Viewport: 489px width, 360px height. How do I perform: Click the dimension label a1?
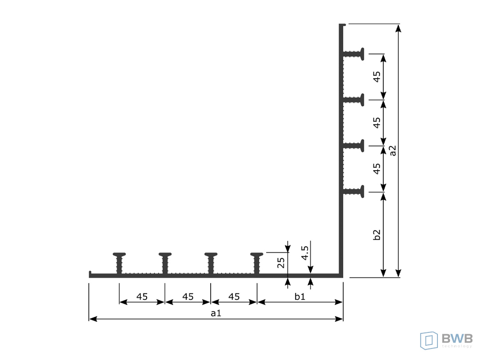point(216,313)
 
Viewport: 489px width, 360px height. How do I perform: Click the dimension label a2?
point(393,151)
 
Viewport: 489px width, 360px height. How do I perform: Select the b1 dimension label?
point(300,296)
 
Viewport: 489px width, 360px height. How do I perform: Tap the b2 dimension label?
point(377,235)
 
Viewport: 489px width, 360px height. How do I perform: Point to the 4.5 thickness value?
point(305,253)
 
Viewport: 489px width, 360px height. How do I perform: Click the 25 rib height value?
point(281,263)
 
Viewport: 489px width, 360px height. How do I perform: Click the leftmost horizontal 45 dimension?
point(142,296)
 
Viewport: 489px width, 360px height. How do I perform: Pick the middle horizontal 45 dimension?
point(188,296)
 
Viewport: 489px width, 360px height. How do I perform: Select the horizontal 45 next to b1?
point(234,296)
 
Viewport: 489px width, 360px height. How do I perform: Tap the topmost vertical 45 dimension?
point(377,77)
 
